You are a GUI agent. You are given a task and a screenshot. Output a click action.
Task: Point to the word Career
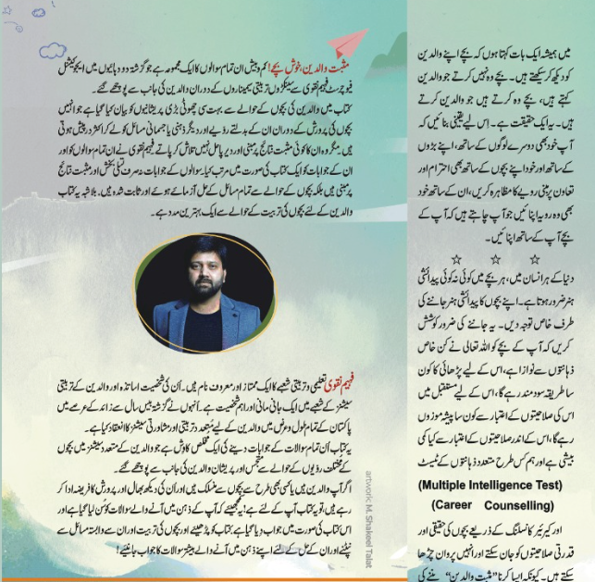pyautogui.click(x=461, y=506)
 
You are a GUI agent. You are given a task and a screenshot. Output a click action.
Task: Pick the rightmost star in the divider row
pyautogui.click(x=534, y=260)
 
